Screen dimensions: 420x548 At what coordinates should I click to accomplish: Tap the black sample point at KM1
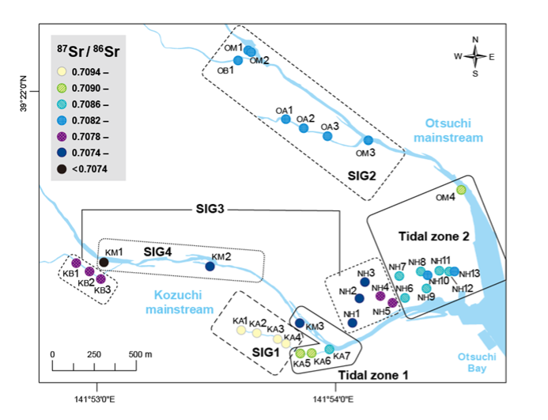click(104, 262)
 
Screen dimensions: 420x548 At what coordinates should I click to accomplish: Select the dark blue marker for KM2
click(210, 267)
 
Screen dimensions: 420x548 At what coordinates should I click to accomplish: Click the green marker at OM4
click(461, 190)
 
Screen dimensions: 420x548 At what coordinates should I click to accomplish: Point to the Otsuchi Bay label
click(477, 361)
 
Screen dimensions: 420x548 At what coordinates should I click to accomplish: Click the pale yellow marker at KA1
click(241, 330)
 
